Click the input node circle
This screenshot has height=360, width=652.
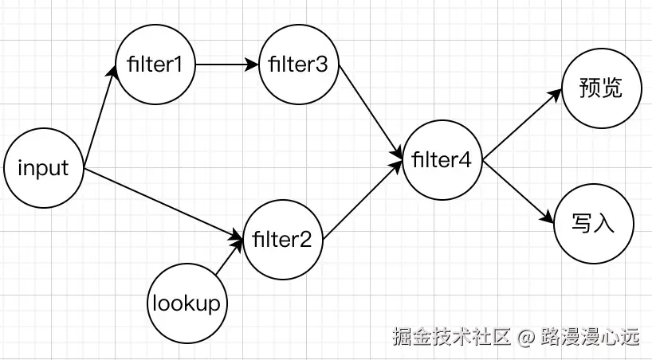43,169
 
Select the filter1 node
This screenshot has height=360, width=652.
155,65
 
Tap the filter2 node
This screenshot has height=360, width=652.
283,238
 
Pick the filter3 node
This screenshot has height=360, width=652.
299,65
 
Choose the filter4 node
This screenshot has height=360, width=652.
442,160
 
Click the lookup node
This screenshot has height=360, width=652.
187,303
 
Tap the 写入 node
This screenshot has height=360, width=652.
594,224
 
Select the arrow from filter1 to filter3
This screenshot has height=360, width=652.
227,65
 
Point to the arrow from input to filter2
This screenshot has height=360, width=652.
163,204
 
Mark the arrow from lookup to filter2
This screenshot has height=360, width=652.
230,260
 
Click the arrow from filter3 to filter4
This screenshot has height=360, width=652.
370,112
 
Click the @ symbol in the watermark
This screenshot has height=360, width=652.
524,338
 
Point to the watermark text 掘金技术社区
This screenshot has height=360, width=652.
450,338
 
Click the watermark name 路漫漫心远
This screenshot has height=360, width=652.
590,338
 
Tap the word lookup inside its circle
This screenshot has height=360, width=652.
187,303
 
